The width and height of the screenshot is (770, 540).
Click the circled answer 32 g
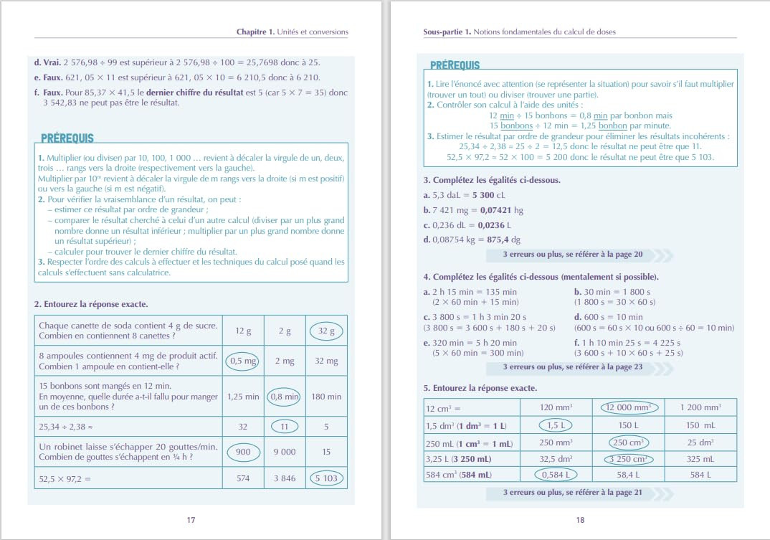(326, 331)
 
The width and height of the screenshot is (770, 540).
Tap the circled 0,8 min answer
(285, 396)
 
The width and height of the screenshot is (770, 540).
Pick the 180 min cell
(326, 396)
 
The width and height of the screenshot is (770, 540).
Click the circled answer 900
(243, 453)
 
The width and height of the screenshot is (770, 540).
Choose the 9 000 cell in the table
(285, 453)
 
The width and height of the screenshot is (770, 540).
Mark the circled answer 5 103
(326, 478)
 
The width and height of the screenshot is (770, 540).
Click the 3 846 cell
(285, 478)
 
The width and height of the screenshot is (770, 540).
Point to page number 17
(191, 520)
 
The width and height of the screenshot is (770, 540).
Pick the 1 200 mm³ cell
(700, 407)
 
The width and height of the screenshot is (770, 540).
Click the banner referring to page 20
(579, 255)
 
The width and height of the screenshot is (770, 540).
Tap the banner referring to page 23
(579, 367)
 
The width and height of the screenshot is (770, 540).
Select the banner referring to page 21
(579, 493)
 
